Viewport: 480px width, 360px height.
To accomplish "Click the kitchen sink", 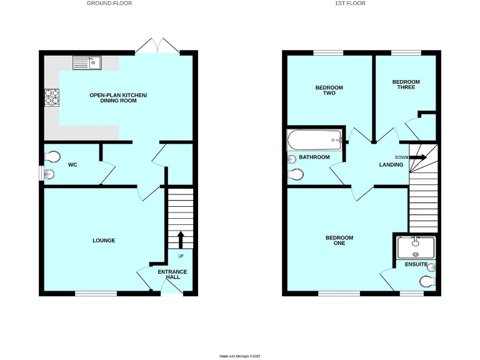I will tap(87, 62).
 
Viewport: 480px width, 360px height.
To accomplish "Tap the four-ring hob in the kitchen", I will tap(51, 97).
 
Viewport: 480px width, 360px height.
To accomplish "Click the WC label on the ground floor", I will tap(72, 166).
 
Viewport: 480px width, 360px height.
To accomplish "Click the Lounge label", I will tap(104, 241).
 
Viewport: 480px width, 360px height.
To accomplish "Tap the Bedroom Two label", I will tap(329, 90).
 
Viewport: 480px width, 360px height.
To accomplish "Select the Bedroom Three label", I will tap(406, 84).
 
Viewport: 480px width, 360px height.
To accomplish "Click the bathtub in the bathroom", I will tap(314, 139).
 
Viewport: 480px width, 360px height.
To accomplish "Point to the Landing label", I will tap(391, 165).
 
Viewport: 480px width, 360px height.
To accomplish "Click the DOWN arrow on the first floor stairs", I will tap(417, 157).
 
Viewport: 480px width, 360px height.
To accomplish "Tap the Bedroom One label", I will tap(339, 240).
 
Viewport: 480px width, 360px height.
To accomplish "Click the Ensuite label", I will tap(415, 265).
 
